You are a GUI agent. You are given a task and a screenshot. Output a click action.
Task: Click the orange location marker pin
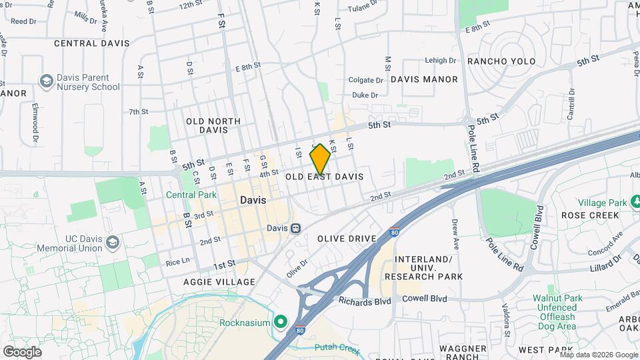pyautogui.click(x=320, y=158)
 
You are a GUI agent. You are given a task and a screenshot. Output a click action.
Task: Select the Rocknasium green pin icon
pyautogui.click(x=281, y=323)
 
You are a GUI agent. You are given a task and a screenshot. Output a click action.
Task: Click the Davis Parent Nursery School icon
pyautogui.click(x=46, y=82)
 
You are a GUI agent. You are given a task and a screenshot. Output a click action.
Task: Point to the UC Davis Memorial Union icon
pyautogui.click(x=113, y=241)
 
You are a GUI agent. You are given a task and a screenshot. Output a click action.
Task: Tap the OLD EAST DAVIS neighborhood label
pyautogui.click(x=324, y=177)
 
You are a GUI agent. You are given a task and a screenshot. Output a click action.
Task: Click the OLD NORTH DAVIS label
pyautogui.click(x=213, y=125)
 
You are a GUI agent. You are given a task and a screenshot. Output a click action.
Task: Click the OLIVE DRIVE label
pyautogui.click(x=343, y=238)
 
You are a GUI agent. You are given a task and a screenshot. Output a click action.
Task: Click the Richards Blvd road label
pyautogui.click(x=365, y=301)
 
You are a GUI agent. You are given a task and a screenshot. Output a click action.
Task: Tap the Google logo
pyautogui.click(x=22, y=351)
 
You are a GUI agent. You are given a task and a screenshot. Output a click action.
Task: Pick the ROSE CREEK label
pyautogui.click(x=590, y=216)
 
